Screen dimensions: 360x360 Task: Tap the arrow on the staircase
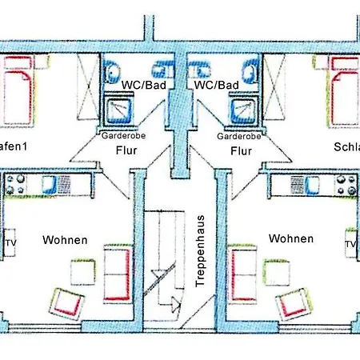(171, 302)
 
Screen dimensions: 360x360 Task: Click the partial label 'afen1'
(17, 146)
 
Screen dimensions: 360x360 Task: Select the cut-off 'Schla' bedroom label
(346, 146)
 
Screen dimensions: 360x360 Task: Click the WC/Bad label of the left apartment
(140, 84)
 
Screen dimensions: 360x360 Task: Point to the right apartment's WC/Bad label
(217, 84)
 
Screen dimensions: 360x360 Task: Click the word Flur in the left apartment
(126, 150)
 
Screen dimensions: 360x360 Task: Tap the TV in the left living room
(11, 243)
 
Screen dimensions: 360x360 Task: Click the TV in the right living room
(350, 243)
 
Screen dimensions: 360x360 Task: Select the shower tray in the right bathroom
(239, 109)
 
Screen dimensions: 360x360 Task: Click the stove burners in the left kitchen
(17, 186)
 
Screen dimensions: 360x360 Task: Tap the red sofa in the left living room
(117, 271)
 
